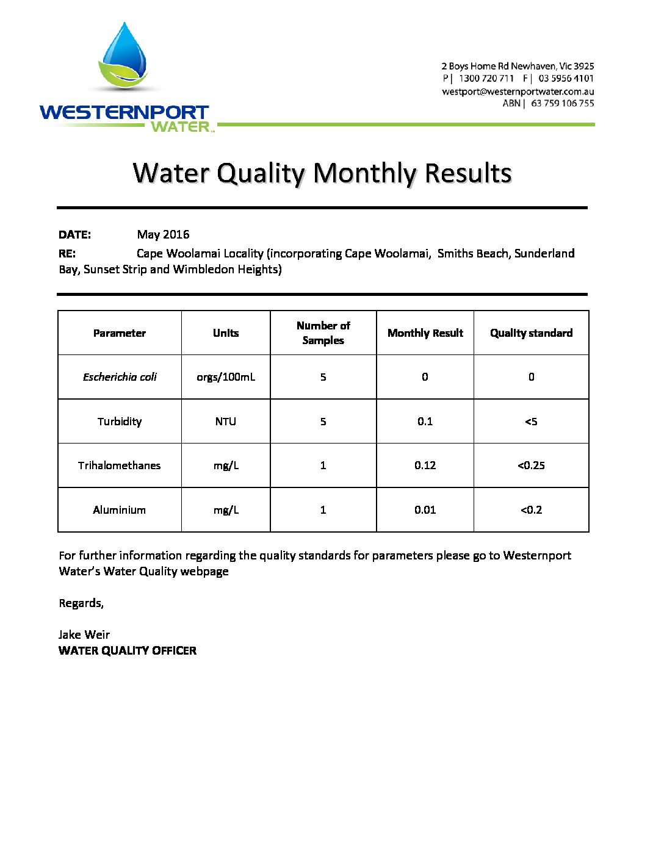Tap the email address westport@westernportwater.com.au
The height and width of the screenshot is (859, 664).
[x=518, y=92]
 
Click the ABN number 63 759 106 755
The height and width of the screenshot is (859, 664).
[x=562, y=104]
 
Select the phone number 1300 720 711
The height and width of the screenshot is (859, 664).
[x=486, y=79]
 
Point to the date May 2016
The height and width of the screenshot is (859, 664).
[x=163, y=235]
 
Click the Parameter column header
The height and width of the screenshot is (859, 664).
[x=120, y=333]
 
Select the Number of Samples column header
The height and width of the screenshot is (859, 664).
[x=323, y=333]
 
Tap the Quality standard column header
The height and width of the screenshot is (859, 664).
[x=531, y=333]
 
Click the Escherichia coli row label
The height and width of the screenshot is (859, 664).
[x=120, y=377]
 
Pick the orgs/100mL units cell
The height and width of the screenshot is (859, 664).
[x=226, y=377]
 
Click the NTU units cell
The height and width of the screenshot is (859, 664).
[x=226, y=422]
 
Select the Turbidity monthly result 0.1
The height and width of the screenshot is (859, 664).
[x=425, y=422]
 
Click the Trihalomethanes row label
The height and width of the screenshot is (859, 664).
[x=120, y=465]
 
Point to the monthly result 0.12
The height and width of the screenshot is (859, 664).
[x=425, y=465]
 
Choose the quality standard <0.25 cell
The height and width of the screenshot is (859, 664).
[x=531, y=465]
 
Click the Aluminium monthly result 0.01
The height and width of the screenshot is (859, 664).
[x=425, y=510]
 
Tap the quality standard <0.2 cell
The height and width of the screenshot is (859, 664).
[x=531, y=510]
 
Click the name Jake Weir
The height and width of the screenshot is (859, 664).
[x=84, y=635]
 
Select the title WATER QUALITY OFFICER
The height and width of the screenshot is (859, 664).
[x=128, y=651]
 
